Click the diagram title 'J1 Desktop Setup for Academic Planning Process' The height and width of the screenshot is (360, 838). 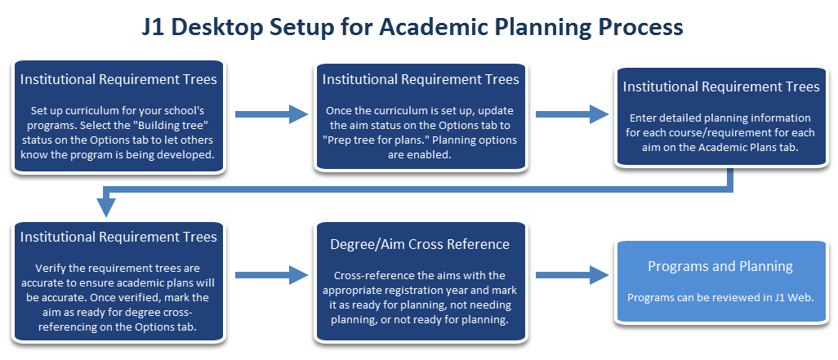coord(418,26)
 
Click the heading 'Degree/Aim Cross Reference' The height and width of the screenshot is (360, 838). coord(420,244)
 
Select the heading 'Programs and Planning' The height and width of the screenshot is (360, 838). coord(720,266)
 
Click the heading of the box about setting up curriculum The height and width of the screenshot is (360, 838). coord(118,80)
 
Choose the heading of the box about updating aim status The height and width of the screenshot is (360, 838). coord(420,79)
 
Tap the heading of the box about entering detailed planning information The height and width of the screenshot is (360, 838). coord(720,87)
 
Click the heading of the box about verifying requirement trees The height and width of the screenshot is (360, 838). coord(118,237)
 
